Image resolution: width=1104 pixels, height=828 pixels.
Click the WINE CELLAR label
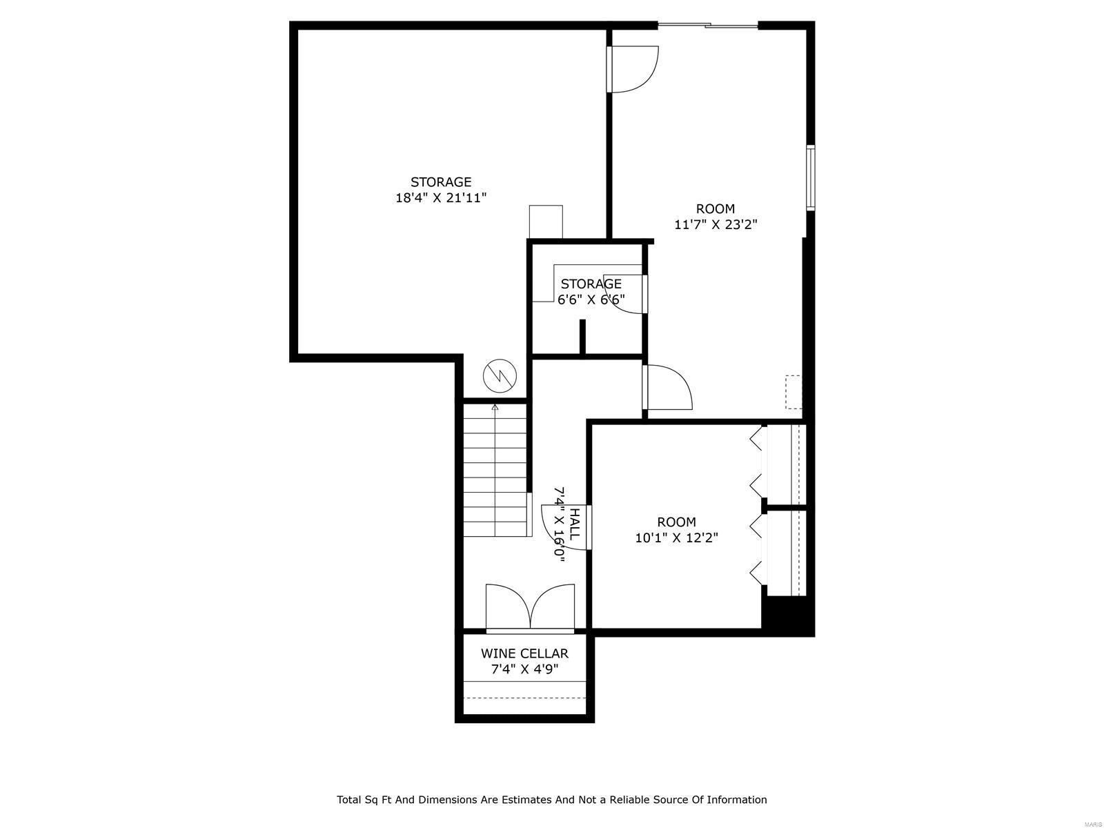pos(524,653)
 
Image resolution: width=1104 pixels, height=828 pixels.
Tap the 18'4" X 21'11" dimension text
pos(441,198)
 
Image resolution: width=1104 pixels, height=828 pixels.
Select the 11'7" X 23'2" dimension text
pos(716,224)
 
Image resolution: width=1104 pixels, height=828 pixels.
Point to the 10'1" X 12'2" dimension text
pos(676,538)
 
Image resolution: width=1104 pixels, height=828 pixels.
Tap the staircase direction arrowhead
pos(495,408)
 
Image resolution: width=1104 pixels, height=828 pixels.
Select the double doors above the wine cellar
pos(530,607)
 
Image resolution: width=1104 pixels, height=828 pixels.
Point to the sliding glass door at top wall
pos(708,26)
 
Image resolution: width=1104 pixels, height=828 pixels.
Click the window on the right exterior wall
pos(811,177)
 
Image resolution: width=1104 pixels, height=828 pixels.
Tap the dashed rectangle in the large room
pos(793,391)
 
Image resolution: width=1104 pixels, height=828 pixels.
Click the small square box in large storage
pos(546,221)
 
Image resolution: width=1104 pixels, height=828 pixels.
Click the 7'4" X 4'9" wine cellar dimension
pos(524,669)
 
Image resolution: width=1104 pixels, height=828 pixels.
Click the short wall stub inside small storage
pos(582,337)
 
